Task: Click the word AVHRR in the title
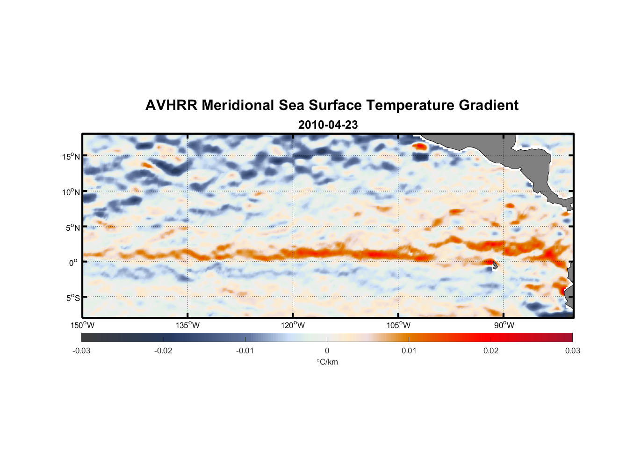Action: pyautogui.click(x=171, y=105)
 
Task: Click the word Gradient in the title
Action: pyautogui.click(x=489, y=105)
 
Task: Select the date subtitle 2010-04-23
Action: pyautogui.click(x=328, y=125)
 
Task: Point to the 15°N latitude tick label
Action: pyautogui.click(x=71, y=156)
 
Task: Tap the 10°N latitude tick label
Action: pyautogui.click(x=71, y=192)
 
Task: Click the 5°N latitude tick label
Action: pyautogui.click(x=72, y=227)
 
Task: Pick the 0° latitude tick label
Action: pyautogui.click(x=73, y=263)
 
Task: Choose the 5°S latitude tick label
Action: pyautogui.click(x=72, y=298)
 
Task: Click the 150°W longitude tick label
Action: pyautogui.click(x=82, y=325)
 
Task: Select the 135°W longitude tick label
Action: pyautogui.click(x=187, y=325)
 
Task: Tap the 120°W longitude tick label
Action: pyautogui.click(x=293, y=325)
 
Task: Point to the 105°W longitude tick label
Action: pyautogui.click(x=398, y=325)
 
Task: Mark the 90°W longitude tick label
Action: pyautogui.click(x=504, y=325)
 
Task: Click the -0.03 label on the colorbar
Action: pyautogui.click(x=81, y=351)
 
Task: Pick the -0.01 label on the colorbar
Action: pyautogui.click(x=245, y=351)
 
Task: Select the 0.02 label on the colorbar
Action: pyautogui.click(x=491, y=351)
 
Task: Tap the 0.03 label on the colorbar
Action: pyautogui.click(x=572, y=351)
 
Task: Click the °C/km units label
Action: pyautogui.click(x=327, y=362)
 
